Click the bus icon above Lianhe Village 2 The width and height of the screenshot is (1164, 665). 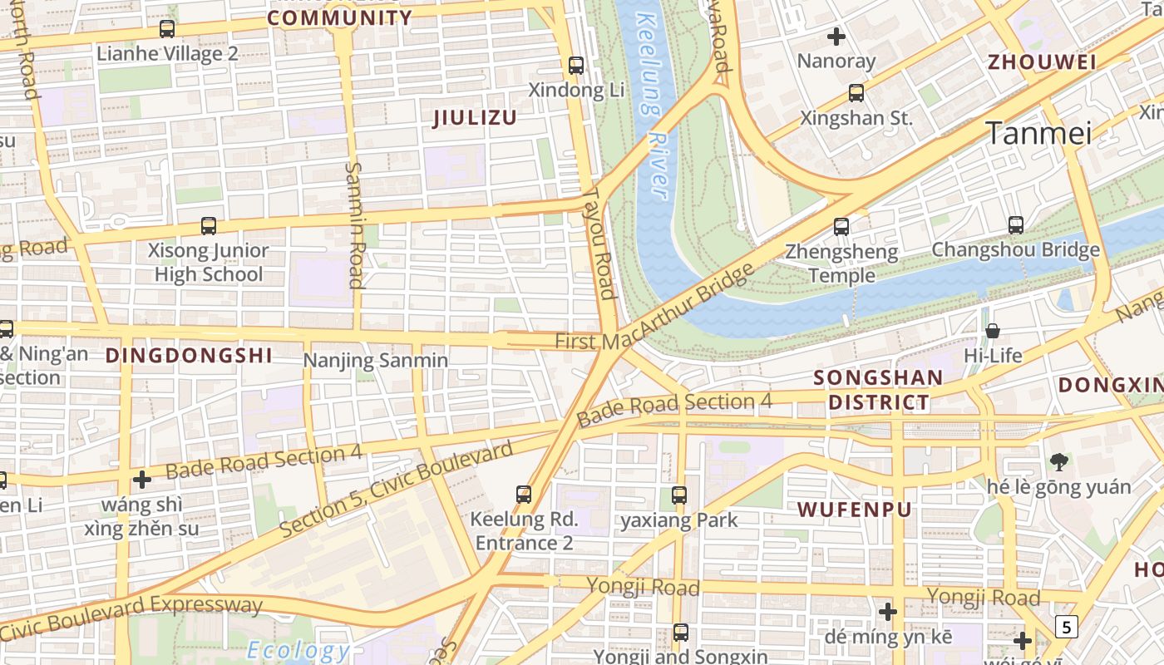coord(167,29)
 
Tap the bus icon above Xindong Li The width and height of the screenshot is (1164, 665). coord(575,65)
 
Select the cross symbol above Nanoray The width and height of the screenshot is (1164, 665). coord(836,37)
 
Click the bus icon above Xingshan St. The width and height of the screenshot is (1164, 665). coord(856,93)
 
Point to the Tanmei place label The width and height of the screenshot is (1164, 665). coord(1038,133)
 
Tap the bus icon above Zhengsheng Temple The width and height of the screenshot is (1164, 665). coord(841,226)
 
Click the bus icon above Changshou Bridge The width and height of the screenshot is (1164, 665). coord(1015,224)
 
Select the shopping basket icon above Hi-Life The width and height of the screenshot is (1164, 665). coord(993,331)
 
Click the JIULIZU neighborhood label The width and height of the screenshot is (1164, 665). coord(475,118)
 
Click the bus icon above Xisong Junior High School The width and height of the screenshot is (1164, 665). coord(209,225)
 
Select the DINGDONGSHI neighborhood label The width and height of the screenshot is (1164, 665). coord(189,356)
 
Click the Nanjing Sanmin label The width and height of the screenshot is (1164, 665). coord(376,361)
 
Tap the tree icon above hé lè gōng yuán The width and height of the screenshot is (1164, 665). coord(1058,461)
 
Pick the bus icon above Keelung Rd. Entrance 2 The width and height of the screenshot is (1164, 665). coord(524,495)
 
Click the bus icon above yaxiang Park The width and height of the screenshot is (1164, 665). coord(679,495)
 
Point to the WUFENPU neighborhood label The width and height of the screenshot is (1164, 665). coord(855,510)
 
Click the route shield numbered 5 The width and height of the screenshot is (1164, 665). coord(1066,626)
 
